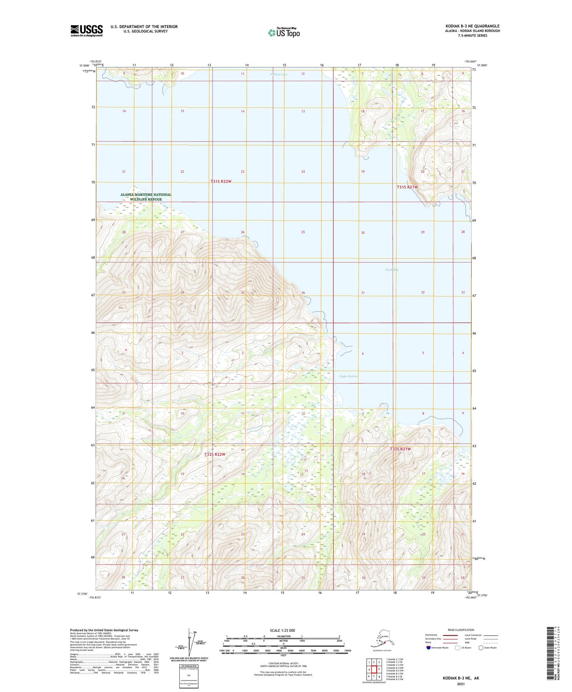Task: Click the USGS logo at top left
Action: pos(86,31)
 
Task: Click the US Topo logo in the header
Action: pos(283,32)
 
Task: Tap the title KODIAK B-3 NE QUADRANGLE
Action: pos(472,26)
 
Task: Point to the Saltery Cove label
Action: pos(278,75)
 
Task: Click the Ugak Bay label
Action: pos(391,270)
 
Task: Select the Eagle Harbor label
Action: pos(349,376)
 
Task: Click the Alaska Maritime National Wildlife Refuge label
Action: pos(146,197)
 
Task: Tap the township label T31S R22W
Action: pos(220,182)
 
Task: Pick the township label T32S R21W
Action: pos(400,449)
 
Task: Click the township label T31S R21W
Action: pos(407,187)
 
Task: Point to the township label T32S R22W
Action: pos(215,454)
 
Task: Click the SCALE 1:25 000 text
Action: pos(282,630)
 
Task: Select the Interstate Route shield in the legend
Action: pos(429,648)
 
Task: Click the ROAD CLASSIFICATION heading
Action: pos(461,630)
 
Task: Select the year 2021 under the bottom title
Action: pos(460,684)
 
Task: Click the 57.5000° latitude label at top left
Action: pos(84,65)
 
